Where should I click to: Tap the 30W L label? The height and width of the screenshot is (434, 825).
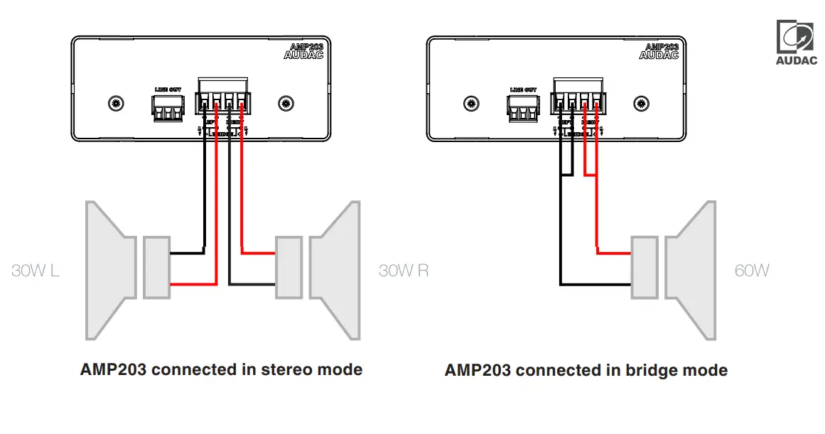point(36,271)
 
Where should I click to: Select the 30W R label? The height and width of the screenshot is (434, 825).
point(404,271)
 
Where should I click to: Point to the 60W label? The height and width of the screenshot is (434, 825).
point(752,271)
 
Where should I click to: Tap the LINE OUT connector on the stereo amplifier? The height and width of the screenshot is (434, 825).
point(168,107)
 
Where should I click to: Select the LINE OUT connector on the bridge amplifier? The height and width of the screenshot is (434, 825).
point(523,107)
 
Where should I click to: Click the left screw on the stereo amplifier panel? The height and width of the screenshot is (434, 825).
point(114,103)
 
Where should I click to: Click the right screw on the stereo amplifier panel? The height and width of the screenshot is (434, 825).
point(286,103)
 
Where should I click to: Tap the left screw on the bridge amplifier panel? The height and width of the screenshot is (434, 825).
point(470,103)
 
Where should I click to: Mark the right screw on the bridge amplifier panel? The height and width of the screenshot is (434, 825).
point(641,103)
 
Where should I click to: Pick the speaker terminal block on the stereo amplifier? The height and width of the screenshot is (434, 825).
point(223,100)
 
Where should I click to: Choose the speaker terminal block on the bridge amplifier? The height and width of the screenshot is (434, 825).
point(578,100)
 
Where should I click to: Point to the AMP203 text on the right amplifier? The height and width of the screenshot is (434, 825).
point(661,46)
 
